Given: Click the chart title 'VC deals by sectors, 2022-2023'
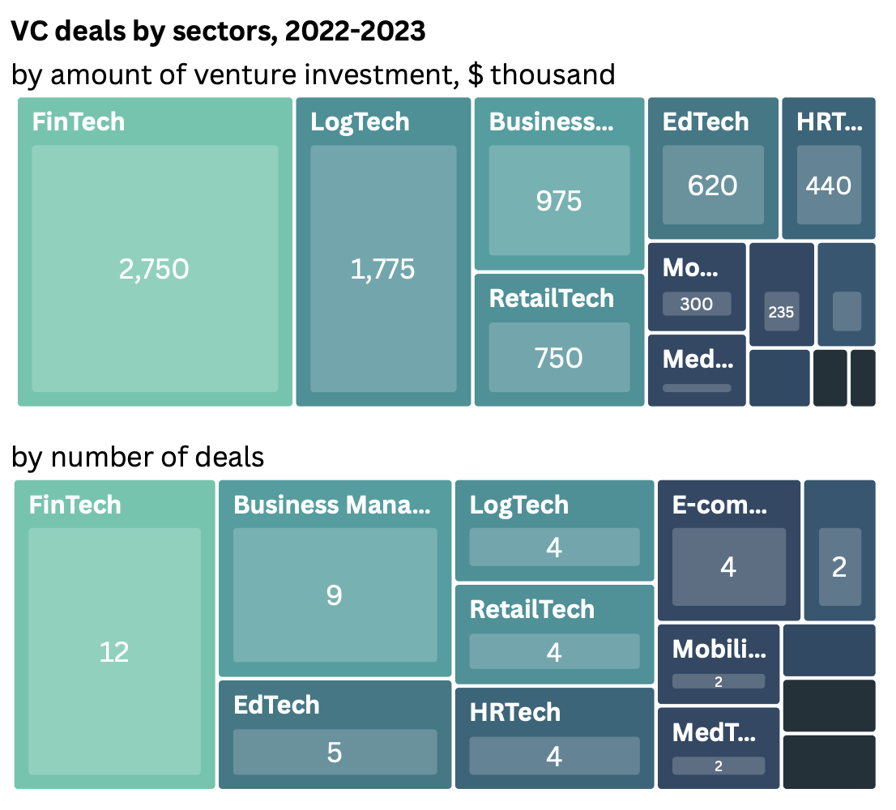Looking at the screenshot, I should (218, 31).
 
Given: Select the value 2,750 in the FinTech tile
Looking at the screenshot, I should (154, 269).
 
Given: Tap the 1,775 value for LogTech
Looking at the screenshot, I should (382, 269).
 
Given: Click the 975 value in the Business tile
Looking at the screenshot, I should (559, 200).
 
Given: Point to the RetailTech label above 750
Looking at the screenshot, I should (552, 298).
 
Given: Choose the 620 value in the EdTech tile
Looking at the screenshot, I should (712, 185).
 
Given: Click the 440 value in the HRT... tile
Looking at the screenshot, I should (828, 185).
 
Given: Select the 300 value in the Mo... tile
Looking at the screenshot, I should (697, 304).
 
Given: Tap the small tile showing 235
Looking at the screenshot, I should (781, 312).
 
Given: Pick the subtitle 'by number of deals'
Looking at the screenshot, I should (138, 457).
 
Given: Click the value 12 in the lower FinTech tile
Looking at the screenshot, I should (114, 651).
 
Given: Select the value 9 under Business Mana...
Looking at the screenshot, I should (335, 595).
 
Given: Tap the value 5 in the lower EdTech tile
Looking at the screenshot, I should (335, 752).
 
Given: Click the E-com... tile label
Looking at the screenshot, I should (719, 505).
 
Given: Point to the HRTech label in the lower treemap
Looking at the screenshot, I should (515, 712).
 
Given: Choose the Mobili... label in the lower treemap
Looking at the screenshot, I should (719, 648).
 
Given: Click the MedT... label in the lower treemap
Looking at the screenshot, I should (714, 732).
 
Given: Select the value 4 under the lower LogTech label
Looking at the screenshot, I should (554, 548).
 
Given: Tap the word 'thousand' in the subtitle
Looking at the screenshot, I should (553, 75).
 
